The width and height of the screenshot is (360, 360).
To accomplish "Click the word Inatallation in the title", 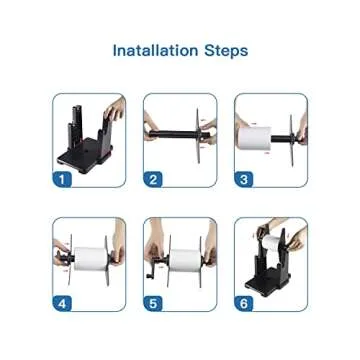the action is (x=155, y=50).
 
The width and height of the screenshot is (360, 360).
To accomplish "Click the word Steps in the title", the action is (x=226, y=51).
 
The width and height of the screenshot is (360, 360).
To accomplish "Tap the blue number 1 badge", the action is (x=62, y=179).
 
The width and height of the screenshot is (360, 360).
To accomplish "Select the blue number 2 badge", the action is (x=153, y=179).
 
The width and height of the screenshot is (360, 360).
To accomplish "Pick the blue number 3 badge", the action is (x=244, y=179).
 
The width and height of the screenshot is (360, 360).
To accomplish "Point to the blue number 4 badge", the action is (x=62, y=304).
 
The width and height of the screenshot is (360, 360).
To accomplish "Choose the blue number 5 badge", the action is (x=153, y=304).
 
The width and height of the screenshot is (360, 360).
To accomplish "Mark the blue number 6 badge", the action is (x=244, y=304).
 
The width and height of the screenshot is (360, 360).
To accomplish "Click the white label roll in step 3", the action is (x=255, y=139).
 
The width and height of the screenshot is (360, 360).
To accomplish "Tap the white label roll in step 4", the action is (x=90, y=259).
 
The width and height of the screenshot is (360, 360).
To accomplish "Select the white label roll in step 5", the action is (x=185, y=260).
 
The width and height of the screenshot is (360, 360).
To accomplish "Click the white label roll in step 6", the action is (x=272, y=243).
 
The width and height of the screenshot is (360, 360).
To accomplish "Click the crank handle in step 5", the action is (x=152, y=270).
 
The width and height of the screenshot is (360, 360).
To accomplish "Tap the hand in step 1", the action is (x=115, y=108).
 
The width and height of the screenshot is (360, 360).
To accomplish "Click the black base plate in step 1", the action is (x=83, y=157).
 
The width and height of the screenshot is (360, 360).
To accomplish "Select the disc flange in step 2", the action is (x=198, y=136).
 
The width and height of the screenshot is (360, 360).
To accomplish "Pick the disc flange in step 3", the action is (x=292, y=140).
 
